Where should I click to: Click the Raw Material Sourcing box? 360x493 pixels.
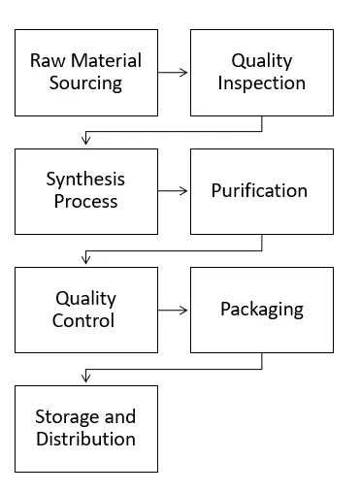tap(85, 72)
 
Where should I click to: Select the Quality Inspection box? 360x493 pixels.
tap(261, 72)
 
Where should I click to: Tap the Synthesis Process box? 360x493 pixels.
tap(85, 191)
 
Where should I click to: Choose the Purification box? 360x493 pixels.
tap(261, 191)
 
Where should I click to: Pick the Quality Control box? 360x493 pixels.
tap(85, 310)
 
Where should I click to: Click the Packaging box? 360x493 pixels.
tap(261, 310)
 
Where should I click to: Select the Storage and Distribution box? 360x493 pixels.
tap(85, 428)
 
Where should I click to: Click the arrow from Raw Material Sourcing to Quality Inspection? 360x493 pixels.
tap(173, 72)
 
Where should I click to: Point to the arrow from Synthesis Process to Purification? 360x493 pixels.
tap(173, 191)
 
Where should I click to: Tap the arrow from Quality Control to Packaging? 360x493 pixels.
tap(173, 310)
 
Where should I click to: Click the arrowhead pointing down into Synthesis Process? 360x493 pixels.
tap(86, 142)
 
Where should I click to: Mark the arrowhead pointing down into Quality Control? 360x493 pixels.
tap(86, 260)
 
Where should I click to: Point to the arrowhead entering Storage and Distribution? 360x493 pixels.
tap(86, 378)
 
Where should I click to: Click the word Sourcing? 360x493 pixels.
tap(85, 83)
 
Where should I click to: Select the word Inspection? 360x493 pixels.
tap(261, 83)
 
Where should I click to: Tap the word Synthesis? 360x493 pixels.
tap(85, 180)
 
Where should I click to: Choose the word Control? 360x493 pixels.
tap(85, 321)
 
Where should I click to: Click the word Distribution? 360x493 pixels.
tap(85, 440)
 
